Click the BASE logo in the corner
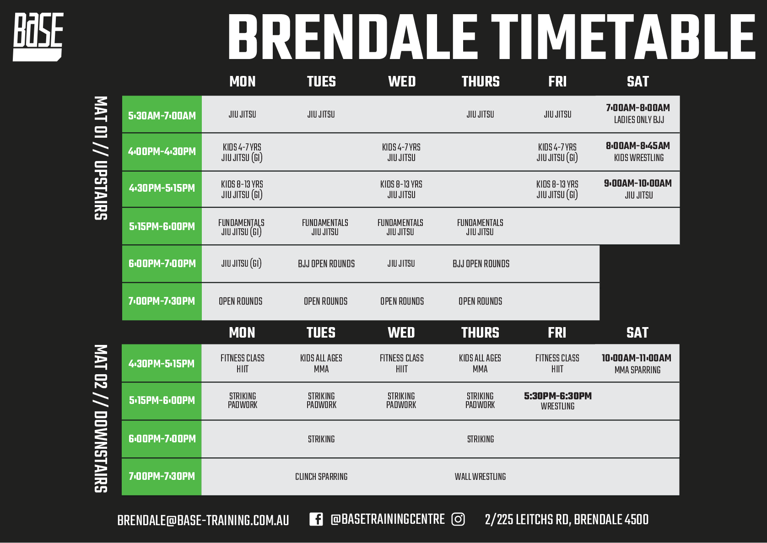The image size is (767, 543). click(38, 37)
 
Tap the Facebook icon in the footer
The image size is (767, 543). click(316, 519)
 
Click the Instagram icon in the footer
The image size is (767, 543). click(458, 519)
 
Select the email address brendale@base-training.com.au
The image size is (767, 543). click(203, 520)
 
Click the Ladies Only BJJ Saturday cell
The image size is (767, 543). click(638, 113)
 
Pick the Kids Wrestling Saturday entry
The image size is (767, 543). click(638, 152)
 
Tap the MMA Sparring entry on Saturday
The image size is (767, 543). click(637, 364)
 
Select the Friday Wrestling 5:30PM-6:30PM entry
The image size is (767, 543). click(558, 401)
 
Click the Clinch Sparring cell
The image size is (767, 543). click(321, 476)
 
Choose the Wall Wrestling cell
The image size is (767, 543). click(480, 476)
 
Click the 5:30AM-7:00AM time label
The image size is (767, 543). click(162, 115)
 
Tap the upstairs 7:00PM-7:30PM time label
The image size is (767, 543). click(162, 301)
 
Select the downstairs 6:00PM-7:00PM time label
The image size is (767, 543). click(162, 439)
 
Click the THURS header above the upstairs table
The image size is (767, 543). click(481, 81)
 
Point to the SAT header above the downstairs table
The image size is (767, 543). click(637, 333)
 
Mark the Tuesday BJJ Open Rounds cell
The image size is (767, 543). click(326, 263)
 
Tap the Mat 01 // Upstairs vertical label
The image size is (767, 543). click(101, 158)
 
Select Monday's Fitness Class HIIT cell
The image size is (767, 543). click(243, 363)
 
